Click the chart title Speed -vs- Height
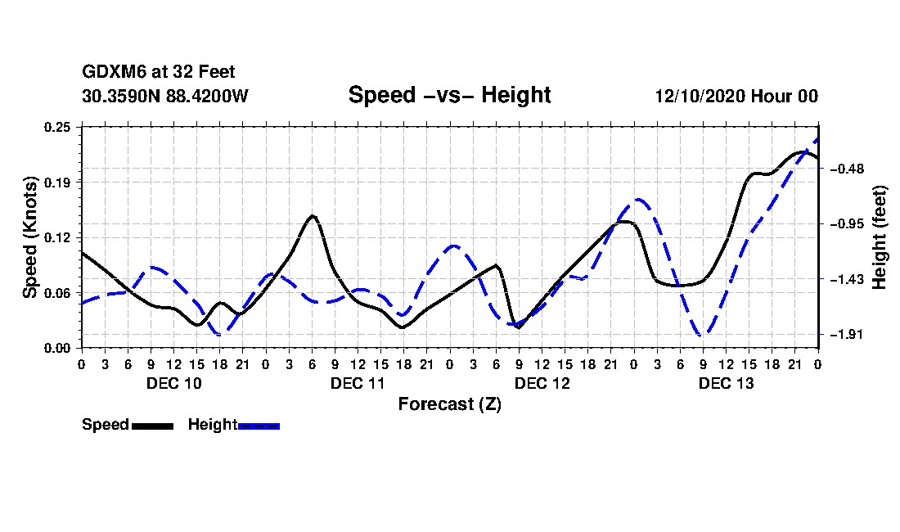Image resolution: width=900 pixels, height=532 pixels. pyautogui.click(x=449, y=95)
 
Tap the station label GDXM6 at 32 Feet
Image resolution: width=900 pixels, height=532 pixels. pyautogui.click(x=159, y=72)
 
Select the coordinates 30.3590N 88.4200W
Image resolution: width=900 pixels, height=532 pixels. pyautogui.click(x=165, y=96)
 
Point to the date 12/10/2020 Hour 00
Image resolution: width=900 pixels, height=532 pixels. pyautogui.click(x=736, y=96)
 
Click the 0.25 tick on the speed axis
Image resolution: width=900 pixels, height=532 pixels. pyautogui.click(x=59, y=127)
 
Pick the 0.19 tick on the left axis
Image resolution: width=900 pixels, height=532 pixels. pyautogui.click(x=59, y=182)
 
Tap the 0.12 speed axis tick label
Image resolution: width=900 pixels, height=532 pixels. pyautogui.click(x=59, y=237)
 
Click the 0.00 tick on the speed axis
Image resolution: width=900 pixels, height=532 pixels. pyautogui.click(x=59, y=349)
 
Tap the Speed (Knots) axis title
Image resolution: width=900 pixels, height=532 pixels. pyautogui.click(x=30, y=237)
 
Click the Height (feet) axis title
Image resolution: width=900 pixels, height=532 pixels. pyautogui.click(x=880, y=237)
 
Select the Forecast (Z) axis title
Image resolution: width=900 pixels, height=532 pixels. pyautogui.click(x=449, y=404)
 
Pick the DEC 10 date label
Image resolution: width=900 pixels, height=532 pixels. pyautogui.click(x=173, y=383)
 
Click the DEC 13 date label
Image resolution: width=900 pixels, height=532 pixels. pyautogui.click(x=726, y=383)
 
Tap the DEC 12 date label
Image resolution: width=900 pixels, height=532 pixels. pyautogui.click(x=542, y=383)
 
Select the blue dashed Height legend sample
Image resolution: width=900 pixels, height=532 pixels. pyautogui.click(x=259, y=426)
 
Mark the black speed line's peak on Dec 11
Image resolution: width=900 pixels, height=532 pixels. pyautogui.click(x=312, y=215)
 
